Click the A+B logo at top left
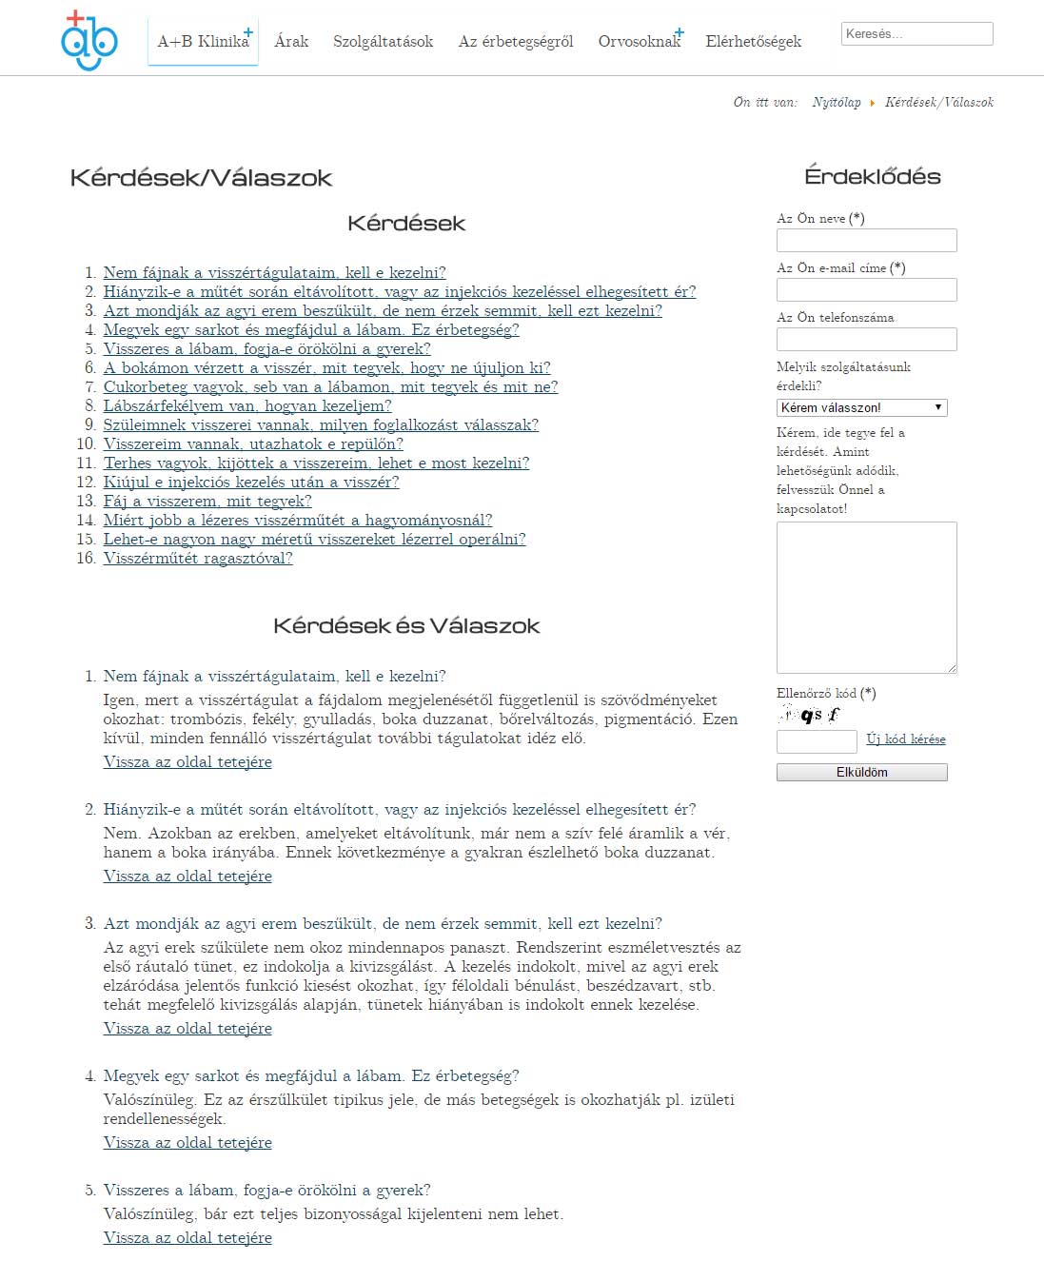pos(89,41)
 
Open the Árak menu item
pos(291,41)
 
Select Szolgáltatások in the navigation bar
pos(383,41)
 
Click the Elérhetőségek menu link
pos(753,41)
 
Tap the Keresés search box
pos(916,34)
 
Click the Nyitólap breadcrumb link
pos(837,102)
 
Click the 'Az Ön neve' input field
pos(866,240)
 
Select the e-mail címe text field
pos(866,289)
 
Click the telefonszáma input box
pos(866,339)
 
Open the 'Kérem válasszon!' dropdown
pos(861,407)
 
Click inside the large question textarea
pos(866,597)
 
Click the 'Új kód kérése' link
pos(905,739)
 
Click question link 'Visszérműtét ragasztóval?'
pos(198,559)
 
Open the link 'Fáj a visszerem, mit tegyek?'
pos(207,502)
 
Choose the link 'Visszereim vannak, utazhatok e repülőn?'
pos(253,444)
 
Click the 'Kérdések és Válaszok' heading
pos(406,625)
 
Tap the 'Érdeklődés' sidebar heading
pos(872,176)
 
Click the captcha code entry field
pos(817,741)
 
